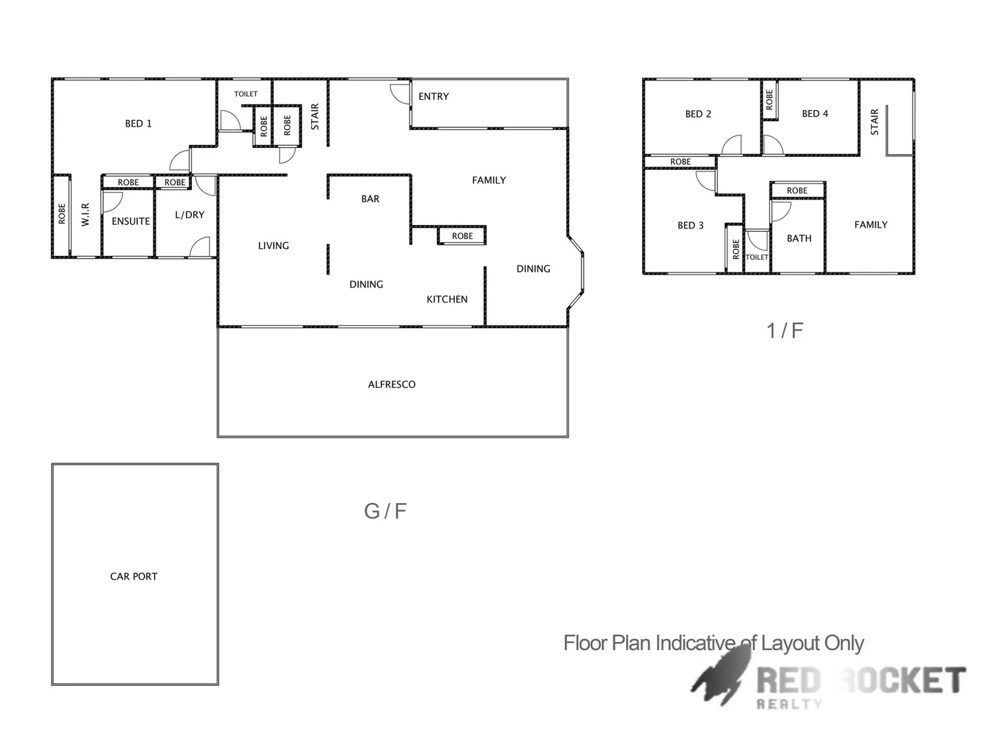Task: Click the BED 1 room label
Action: point(138,124)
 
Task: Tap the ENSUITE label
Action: point(131,222)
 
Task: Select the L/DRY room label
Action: point(189,215)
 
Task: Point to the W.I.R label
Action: point(85,214)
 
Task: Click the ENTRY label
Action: point(434,96)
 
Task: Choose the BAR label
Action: point(370,199)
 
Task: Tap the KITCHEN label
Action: point(447,299)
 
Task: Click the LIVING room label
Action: point(273,246)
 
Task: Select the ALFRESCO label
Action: point(392,385)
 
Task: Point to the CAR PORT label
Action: point(134,577)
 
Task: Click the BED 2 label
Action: point(698,114)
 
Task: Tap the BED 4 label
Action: point(815,114)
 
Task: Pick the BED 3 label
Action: point(690,225)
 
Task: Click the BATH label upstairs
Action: point(799,238)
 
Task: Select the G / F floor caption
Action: point(385,511)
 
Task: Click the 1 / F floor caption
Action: point(785,331)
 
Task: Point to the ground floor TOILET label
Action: point(246,94)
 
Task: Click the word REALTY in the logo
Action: point(789,704)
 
